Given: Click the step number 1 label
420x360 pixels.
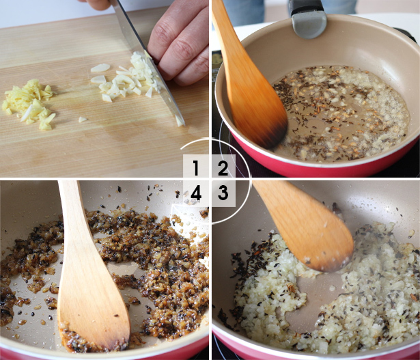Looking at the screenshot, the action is click(x=196, y=168).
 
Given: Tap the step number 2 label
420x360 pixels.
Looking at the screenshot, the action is click(x=223, y=168).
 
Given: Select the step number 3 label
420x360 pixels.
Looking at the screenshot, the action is click(x=223, y=193).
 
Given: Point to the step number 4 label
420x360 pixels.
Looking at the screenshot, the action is click(x=196, y=193).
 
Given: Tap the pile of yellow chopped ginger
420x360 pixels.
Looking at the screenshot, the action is click(x=29, y=104).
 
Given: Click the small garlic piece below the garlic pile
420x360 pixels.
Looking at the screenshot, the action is click(x=82, y=120).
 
